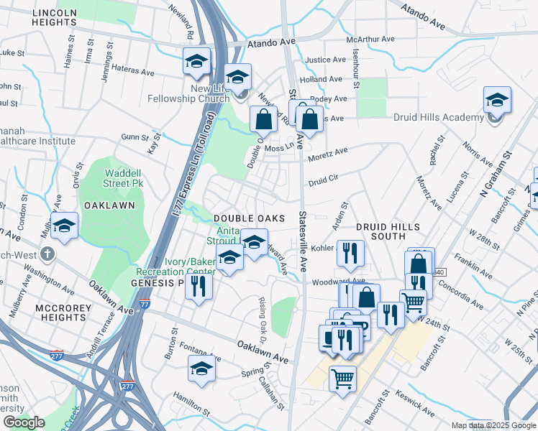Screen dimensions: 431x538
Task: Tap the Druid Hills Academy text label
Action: (438, 118)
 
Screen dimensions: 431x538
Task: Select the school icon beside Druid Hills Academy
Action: (497, 101)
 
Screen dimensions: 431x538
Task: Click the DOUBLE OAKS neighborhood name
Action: (246, 218)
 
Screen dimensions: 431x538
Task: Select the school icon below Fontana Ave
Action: (201, 369)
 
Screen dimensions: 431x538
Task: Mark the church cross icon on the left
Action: (48, 254)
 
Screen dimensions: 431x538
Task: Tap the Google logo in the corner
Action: (23, 422)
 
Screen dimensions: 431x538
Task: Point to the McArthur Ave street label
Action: (371, 39)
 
